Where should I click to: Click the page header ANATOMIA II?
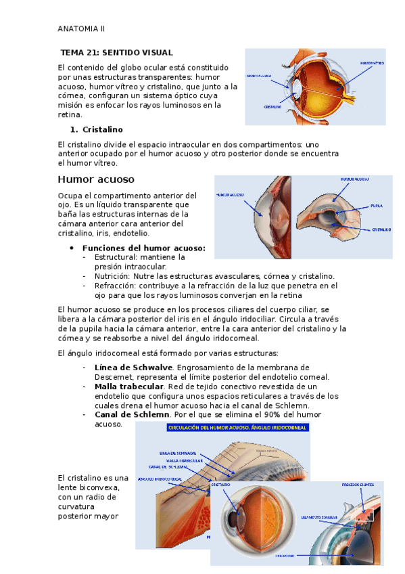[81, 29]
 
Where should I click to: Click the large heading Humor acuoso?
[96, 179]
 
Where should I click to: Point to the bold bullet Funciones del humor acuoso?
[143, 248]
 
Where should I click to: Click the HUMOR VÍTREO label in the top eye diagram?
[371, 63]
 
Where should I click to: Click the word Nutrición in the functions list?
[112, 276]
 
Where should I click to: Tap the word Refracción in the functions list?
[116, 286]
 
